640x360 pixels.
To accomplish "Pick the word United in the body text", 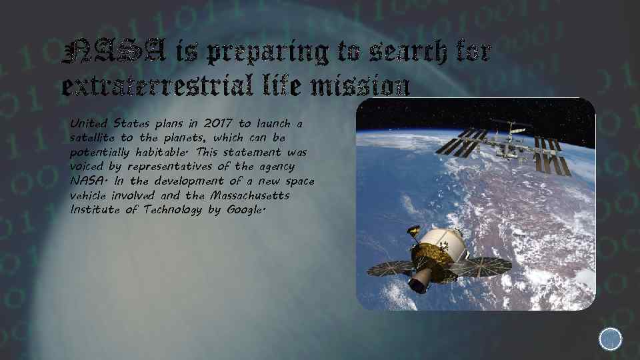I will [89, 124].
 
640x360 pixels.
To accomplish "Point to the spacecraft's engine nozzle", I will [418, 285].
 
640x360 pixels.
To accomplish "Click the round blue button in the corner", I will [610, 339].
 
